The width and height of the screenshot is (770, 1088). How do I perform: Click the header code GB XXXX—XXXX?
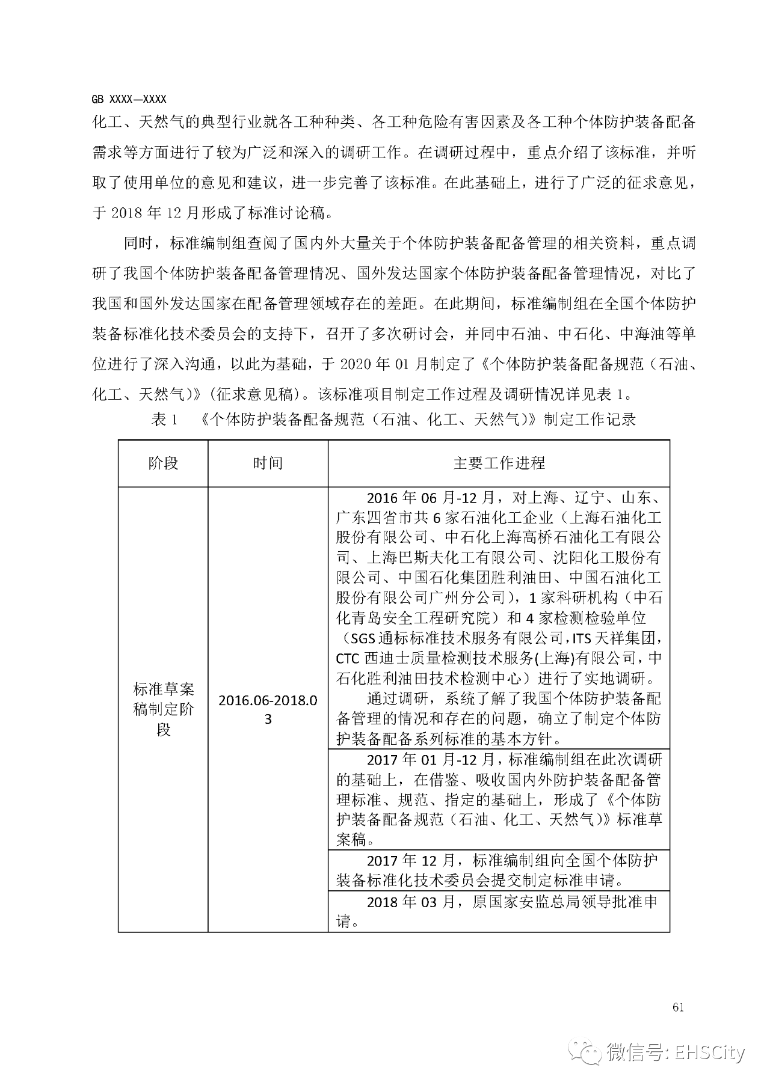coord(129,99)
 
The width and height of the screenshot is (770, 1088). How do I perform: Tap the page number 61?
coord(678,1007)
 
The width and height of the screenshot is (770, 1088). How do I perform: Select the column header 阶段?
coord(163,463)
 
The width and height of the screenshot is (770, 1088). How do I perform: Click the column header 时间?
coord(268,463)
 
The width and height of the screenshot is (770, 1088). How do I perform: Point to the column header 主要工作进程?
coord(499,463)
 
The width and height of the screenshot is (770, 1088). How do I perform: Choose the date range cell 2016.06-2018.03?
coord(268,709)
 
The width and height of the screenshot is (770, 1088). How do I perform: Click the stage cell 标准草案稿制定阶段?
coord(163,709)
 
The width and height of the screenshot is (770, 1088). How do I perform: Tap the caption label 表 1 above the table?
coord(165,420)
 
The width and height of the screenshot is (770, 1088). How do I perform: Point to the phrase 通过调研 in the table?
coord(397,699)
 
